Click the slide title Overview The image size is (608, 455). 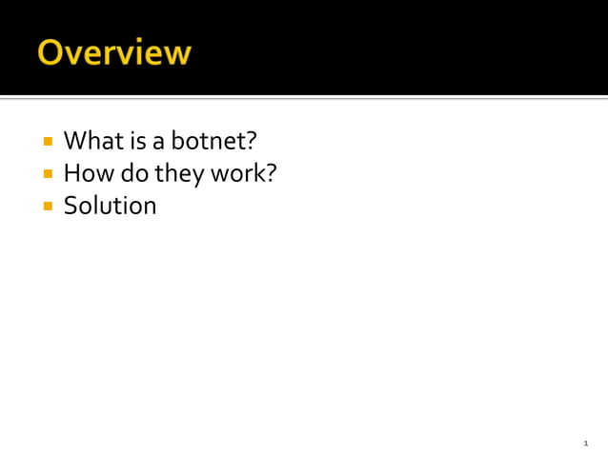tap(114, 51)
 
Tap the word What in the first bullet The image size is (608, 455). tap(89, 141)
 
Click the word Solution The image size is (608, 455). tap(110, 205)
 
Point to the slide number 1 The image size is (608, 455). tap(586, 444)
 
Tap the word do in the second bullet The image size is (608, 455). tap(128, 173)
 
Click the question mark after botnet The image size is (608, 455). tap(252, 141)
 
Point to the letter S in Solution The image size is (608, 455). tap(71, 205)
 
